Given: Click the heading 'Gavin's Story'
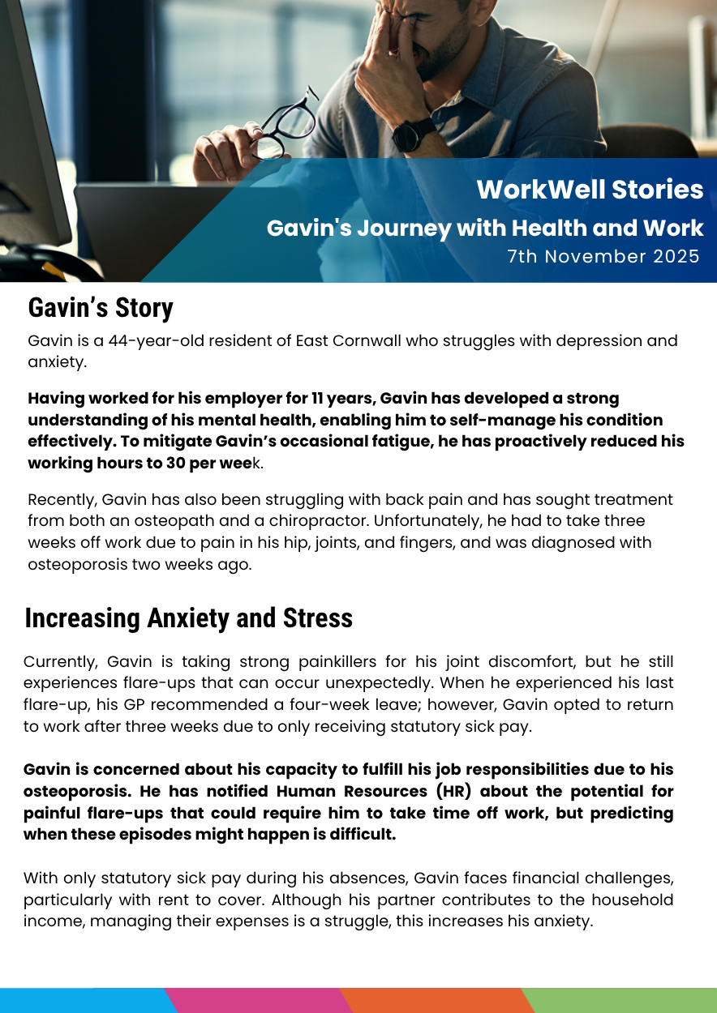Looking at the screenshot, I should click(101, 309).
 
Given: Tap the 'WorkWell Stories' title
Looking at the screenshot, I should click(590, 190).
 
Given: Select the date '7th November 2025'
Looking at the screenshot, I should click(603, 257).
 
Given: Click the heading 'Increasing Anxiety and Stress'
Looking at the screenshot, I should click(189, 618).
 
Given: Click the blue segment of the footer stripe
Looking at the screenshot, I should click(81, 1001).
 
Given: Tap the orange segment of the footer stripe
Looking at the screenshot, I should click(434, 1001).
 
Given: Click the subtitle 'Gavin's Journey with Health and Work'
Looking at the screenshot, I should click(485, 229).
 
